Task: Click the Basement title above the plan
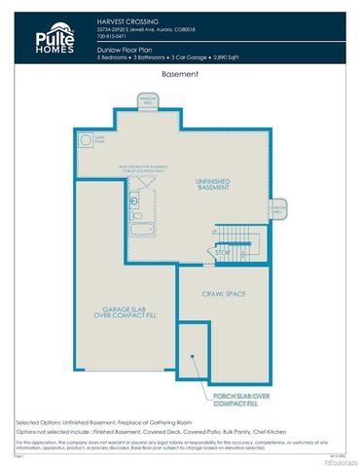[x=179, y=74]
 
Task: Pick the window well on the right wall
[x=278, y=209]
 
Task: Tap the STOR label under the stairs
[x=223, y=253]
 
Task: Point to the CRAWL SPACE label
[x=223, y=293]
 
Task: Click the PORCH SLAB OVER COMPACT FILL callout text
[x=236, y=400]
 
